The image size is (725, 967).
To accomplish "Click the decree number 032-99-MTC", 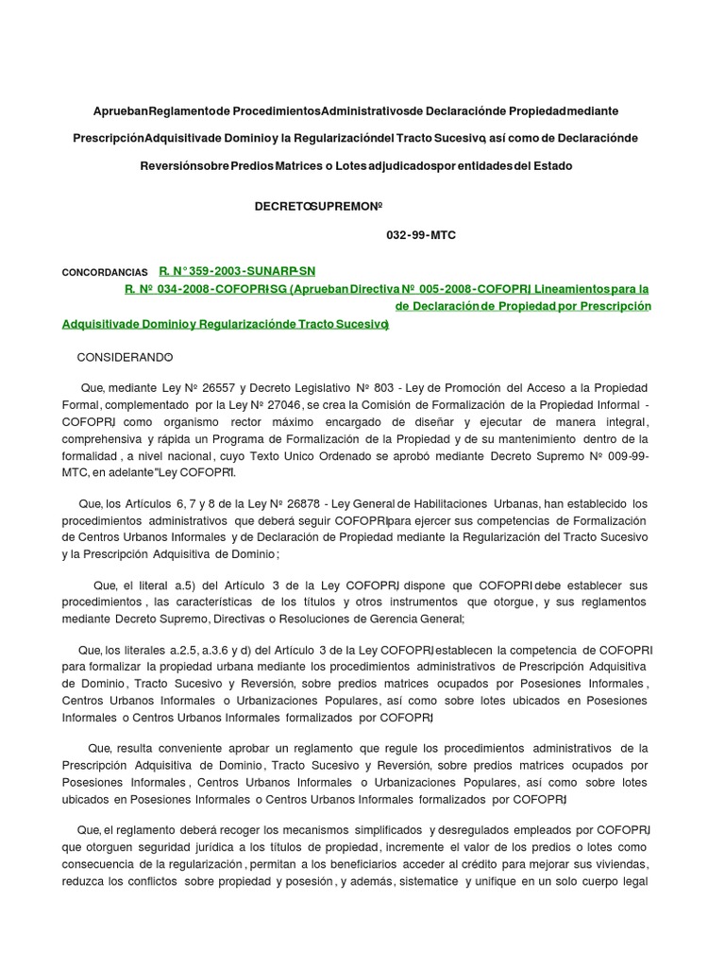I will [x=421, y=235].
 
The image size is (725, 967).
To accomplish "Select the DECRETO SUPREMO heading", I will [x=310, y=206].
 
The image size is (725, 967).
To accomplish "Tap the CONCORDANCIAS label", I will [x=105, y=272].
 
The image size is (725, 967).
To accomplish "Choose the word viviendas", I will [x=617, y=864].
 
